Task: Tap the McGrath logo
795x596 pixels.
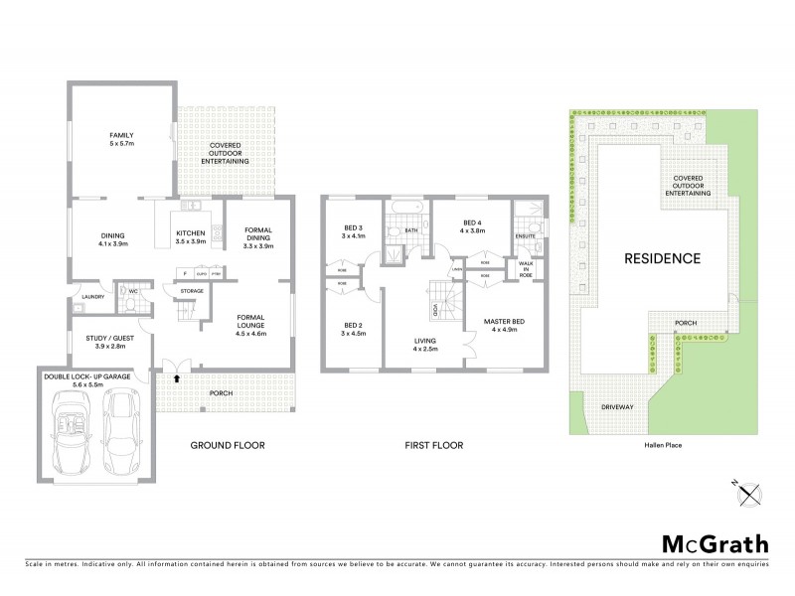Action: [x=715, y=543]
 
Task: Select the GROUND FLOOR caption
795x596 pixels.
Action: [x=228, y=445]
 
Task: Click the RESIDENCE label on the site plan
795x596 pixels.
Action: [x=662, y=258]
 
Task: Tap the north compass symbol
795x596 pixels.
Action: [x=750, y=489]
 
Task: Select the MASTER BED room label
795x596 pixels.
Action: [x=504, y=323]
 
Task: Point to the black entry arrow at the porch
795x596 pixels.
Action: [x=178, y=378]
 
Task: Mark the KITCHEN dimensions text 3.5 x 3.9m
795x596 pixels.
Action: [x=190, y=240]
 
